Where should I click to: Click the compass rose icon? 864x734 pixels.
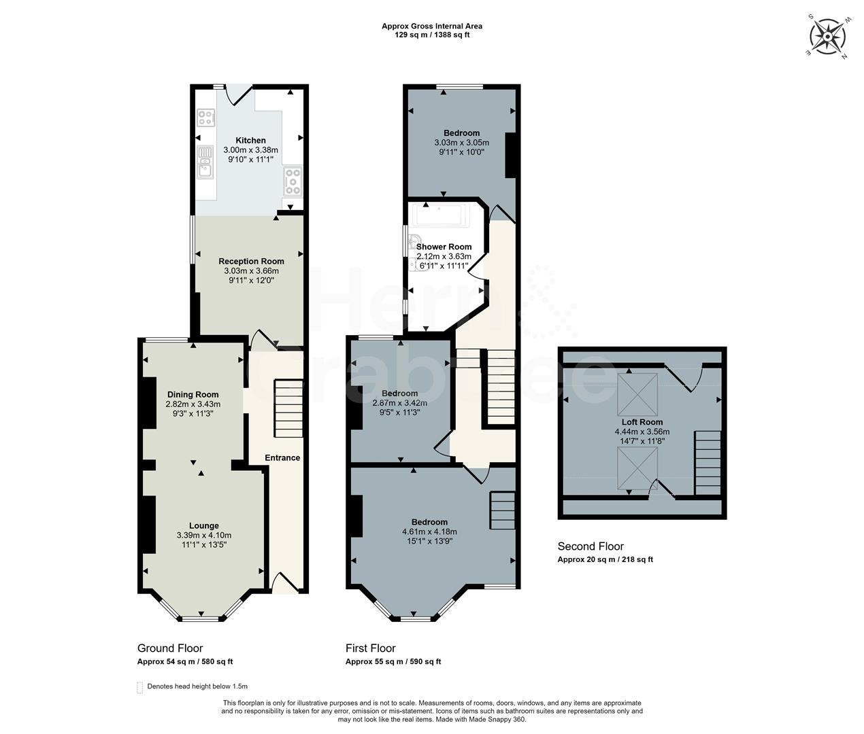click(828, 36)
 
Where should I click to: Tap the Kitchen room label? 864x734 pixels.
click(250, 140)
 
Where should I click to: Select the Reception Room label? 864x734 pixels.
click(251, 262)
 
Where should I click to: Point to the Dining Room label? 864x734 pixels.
click(193, 395)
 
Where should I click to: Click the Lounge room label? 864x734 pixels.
click(204, 525)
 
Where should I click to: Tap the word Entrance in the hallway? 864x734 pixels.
click(282, 457)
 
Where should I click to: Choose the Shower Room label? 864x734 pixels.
click(444, 247)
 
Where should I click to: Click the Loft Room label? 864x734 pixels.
click(642, 422)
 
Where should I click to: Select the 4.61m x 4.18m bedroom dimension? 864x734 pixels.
click(429, 532)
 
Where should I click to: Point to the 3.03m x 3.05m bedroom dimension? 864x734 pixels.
click(461, 142)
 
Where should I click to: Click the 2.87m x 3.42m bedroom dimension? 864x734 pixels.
click(399, 403)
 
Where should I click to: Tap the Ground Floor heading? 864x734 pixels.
click(170, 648)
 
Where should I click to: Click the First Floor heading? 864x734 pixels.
click(370, 648)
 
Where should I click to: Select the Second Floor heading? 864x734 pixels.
click(591, 546)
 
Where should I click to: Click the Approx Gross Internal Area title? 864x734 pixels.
click(432, 26)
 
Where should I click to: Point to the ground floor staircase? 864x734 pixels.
click(288, 408)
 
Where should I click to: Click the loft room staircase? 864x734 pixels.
click(708, 463)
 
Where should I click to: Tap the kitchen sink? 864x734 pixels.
click(205, 162)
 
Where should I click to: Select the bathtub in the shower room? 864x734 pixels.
click(439, 215)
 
